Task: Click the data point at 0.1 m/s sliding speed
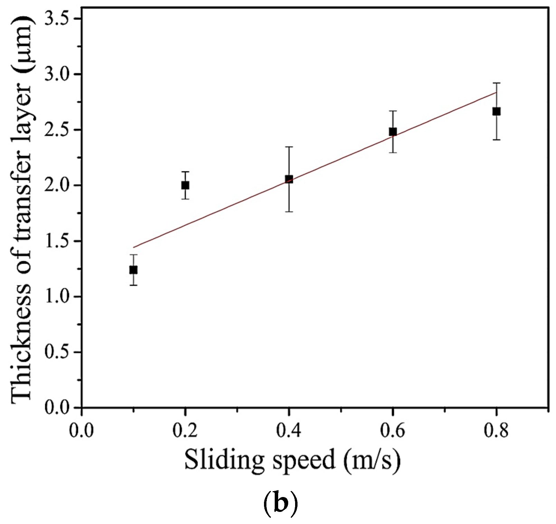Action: [133, 270]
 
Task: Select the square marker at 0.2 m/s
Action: [185, 185]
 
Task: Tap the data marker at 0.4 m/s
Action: [289, 179]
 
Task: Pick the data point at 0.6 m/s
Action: [393, 132]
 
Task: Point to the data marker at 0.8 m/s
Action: [496, 111]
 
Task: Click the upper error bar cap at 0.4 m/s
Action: [289, 147]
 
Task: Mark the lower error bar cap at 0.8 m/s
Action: [496, 140]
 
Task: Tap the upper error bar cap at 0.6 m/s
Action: [393, 111]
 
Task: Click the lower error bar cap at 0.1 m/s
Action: [133, 285]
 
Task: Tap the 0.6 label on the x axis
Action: [393, 431]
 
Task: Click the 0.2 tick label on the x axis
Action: [185, 431]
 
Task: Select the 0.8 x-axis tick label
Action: [496, 431]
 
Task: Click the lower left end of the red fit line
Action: [134, 247]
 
